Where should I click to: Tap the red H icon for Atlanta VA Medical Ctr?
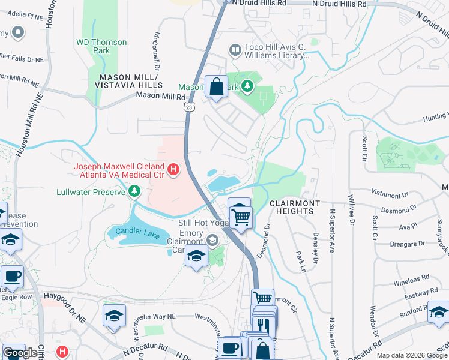tap(173, 170)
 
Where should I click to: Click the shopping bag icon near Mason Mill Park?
tap(216, 86)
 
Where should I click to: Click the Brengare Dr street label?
tap(406, 244)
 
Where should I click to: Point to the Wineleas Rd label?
tap(412, 281)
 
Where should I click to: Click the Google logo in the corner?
tap(20, 353)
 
